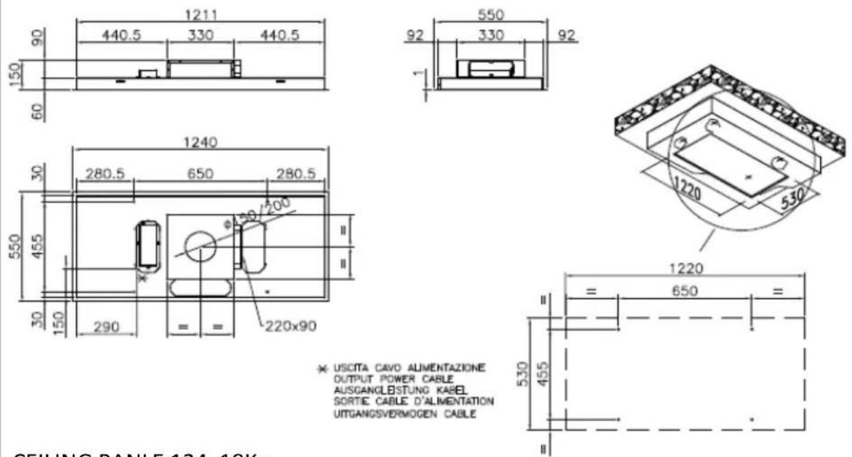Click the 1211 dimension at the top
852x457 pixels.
[x=200, y=14]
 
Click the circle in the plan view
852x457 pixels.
[x=200, y=247]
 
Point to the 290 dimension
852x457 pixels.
[x=106, y=327]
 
